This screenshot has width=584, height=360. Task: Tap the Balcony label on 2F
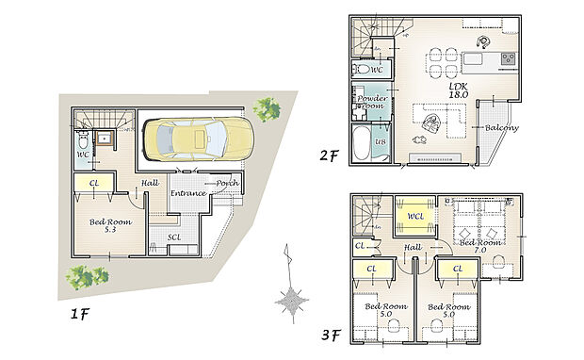pyautogui.click(x=500, y=127)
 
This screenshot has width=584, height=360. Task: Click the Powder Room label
pyautogui.click(x=367, y=101)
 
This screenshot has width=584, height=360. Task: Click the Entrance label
pyautogui.click(x=187, y=193)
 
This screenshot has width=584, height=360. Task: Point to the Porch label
pyautogui.click(x=227, y=183)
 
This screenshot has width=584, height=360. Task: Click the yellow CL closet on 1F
pyautogui.click(x=94, y=184)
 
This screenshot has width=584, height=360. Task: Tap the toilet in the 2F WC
pyautogui.click(x=363, y=70)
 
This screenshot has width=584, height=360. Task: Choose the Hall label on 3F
pyautogui.click(x=413, y=247)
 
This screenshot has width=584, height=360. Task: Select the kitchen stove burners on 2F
pyautogui.click(x=507, y=58)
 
